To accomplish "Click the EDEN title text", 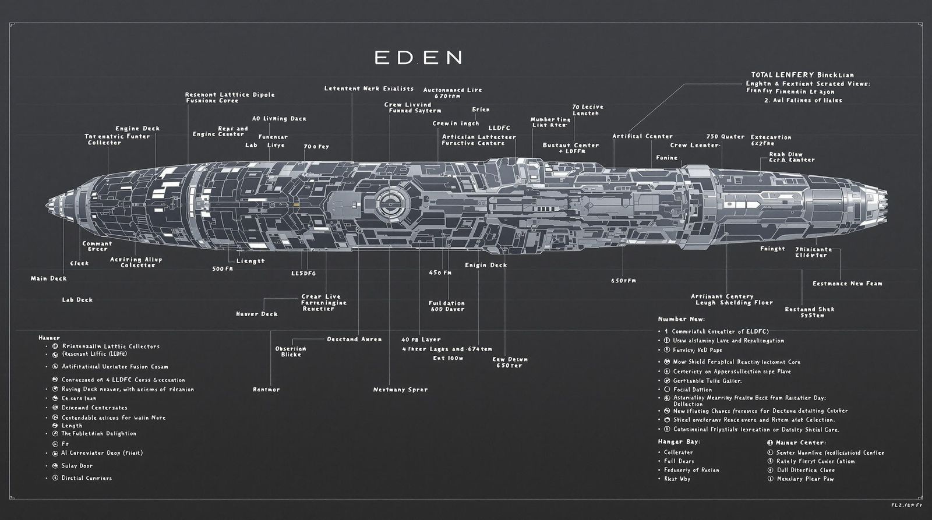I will pos(418,57).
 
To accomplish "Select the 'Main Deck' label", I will pos(49,278).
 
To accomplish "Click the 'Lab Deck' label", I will pos(77,300).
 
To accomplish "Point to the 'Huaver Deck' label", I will pos(257,314).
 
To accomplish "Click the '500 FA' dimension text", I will pos(223,269).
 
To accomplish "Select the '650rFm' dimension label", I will pos(623,281).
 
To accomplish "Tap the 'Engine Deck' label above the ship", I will pos(137,129).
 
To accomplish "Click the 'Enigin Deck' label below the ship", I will pos(486,265).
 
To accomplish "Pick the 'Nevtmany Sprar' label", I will pos(400,390).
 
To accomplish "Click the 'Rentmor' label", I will pos(266,390).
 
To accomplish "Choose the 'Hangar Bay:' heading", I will pos(679,442).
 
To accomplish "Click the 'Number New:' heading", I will pos(681,319).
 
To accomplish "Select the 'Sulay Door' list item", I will pos(77,466).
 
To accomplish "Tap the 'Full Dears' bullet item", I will pos(679,461).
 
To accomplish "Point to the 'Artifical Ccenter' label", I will pos(642,136).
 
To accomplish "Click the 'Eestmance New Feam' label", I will pos(847,284).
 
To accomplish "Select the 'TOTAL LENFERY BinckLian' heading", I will pos(802,75).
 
